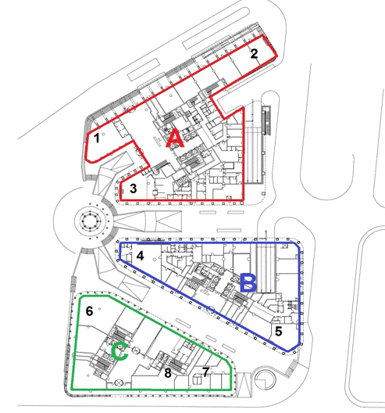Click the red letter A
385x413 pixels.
tap(175, 139)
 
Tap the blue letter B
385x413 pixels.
tap(249, 283)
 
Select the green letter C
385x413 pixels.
tap(119, 352)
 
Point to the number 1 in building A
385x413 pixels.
tap(97, 138)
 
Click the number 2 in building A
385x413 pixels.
tap(254, 54)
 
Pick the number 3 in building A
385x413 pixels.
tap(134, 189)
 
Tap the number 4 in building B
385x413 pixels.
tap(140, 256)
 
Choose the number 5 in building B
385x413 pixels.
tap(278, 331)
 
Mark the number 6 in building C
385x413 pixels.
tap(89, 311)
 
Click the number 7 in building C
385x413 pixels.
tap(205, 372)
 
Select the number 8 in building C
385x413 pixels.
tap(168, 372)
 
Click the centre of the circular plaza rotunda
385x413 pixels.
tap(91, 219)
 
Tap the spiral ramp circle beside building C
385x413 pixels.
tap(266, 379)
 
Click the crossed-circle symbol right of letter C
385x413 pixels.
tap(136, 350)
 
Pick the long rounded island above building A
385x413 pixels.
tap(216, 29)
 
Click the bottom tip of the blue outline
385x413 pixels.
tap(287, 351)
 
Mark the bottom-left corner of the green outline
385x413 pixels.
tap(72, 390)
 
